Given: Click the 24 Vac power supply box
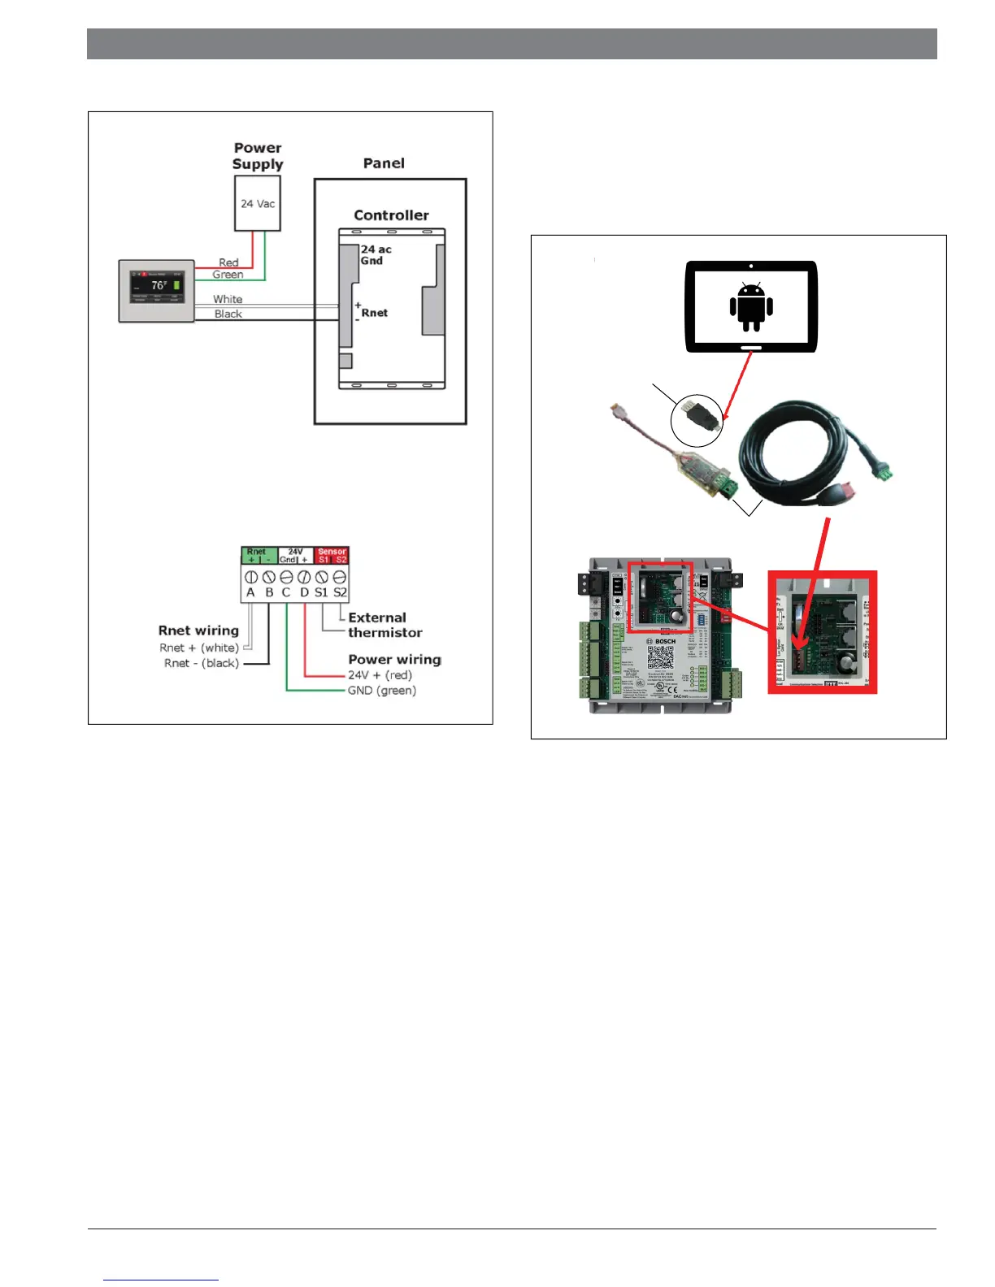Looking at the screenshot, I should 258,203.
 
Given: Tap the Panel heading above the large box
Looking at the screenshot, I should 384,163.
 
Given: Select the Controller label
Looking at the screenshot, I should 391,215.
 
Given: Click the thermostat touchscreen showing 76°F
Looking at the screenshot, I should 157,290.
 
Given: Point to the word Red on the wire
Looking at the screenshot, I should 228,262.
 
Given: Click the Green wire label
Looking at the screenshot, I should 228,275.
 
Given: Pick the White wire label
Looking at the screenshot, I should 228,299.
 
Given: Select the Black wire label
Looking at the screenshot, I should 228,314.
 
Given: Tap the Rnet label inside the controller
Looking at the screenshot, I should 375,313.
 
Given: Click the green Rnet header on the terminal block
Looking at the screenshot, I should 259,555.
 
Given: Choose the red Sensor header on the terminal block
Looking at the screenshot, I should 332,555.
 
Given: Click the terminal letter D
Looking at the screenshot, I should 304,592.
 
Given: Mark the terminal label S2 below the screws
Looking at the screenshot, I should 340,592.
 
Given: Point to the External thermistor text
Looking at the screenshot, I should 385,625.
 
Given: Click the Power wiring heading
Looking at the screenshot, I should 394,659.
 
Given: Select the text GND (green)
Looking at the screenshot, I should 382,691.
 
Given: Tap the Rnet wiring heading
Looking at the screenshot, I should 198,630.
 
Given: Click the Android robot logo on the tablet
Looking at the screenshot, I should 751,306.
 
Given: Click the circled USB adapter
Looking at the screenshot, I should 697,419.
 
